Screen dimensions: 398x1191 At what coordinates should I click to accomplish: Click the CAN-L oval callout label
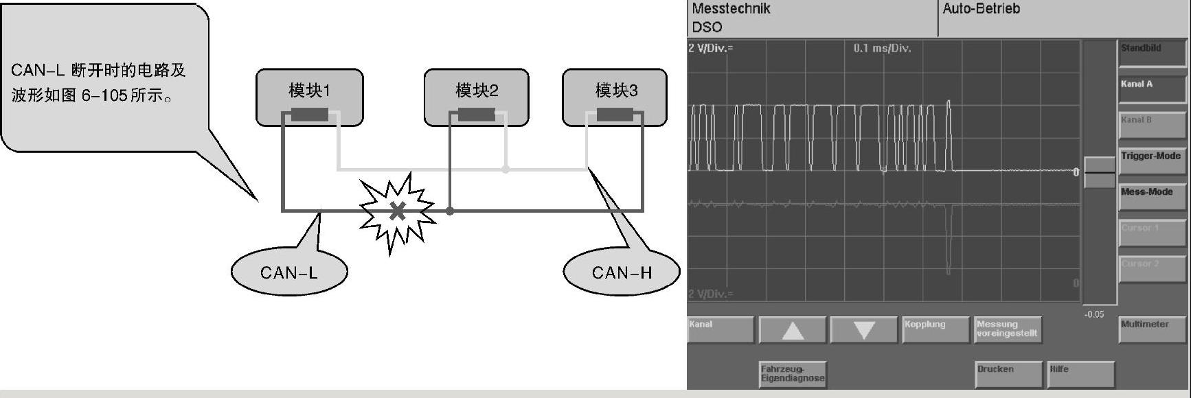(289, 272)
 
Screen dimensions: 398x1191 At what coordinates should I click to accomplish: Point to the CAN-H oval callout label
(622, 272)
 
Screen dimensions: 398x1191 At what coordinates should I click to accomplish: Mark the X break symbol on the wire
(397, 211)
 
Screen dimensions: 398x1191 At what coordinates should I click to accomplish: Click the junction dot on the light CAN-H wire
(506, 169)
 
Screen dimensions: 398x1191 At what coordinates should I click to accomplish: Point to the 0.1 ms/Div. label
(882, 49)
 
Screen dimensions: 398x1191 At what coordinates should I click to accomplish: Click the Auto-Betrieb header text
(981, 9)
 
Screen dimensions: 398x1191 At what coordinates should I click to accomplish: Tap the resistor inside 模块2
(477, 115)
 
